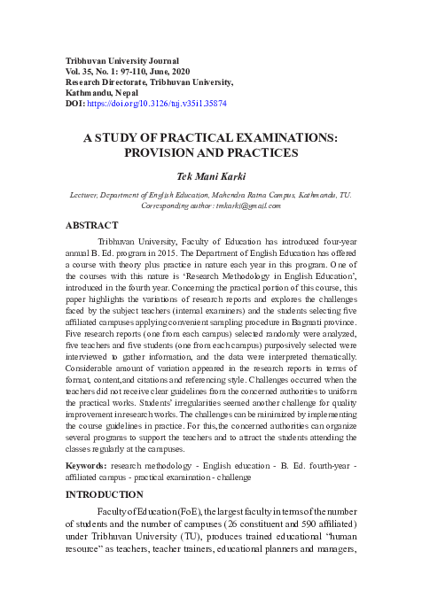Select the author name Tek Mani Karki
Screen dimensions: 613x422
tap(210, 176)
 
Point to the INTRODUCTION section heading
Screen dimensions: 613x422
tap(105, 493)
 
